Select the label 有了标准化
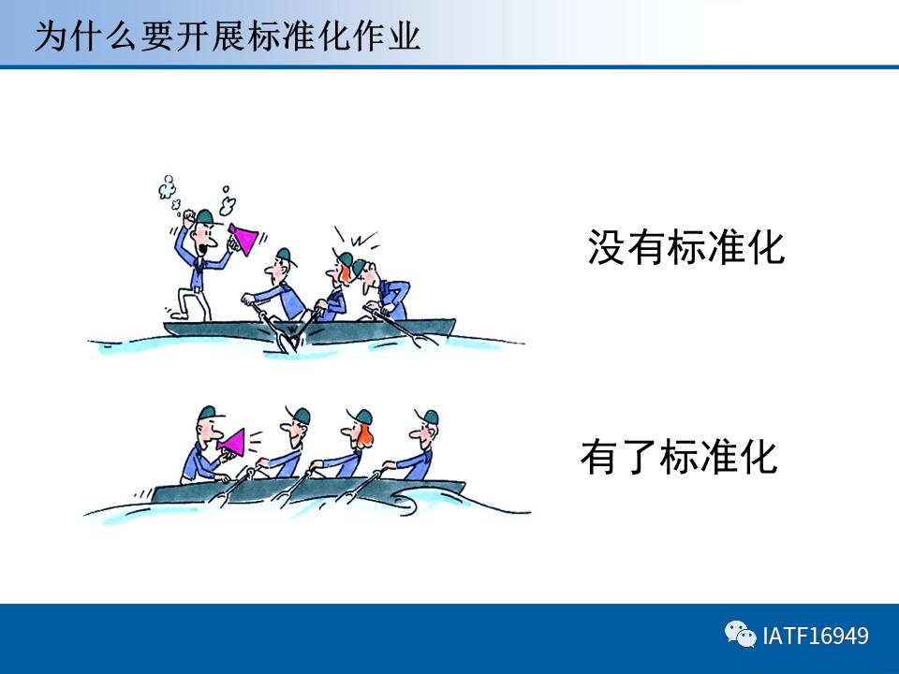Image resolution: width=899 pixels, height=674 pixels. coord(678,457)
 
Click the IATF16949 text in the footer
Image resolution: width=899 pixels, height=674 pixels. coord(816,637)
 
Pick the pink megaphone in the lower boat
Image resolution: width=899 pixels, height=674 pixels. coord(230,443)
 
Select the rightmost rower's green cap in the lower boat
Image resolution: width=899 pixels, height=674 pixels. coord(429,418)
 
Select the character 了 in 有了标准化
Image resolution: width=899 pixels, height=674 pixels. coord(640,457)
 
